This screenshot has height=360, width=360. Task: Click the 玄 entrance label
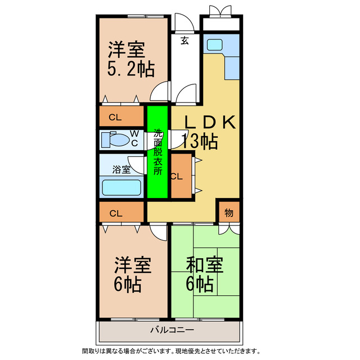[184, 40]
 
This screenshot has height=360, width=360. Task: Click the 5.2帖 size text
[131, 69]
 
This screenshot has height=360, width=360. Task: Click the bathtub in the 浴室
[120, 187]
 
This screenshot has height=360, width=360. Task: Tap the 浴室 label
[121, 169]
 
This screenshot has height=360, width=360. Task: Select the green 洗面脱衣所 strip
[157, 152]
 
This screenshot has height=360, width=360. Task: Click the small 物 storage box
[228, 212]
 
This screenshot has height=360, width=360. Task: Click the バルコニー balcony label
[172, 330]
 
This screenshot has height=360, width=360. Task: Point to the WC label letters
[134, 138]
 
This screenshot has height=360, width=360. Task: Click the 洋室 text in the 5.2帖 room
[127, 49]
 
